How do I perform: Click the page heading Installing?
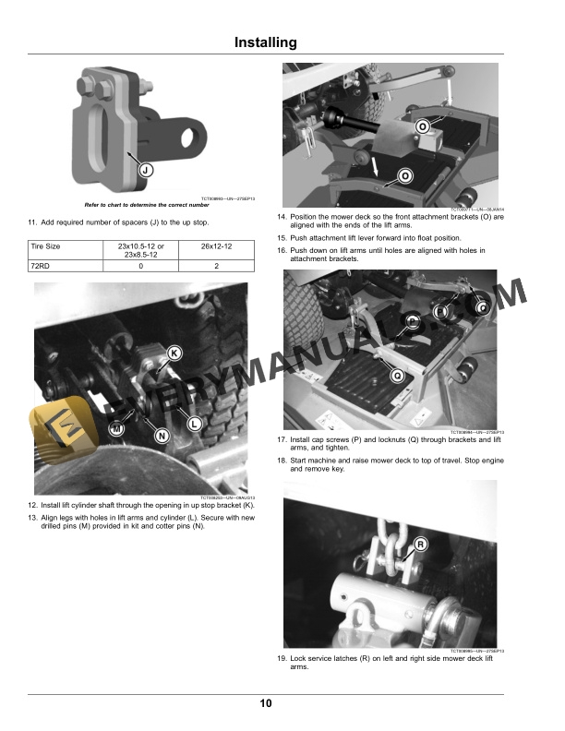pyautogui.click(x=266, y=42)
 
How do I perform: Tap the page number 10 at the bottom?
pyautogui.click(x=266, y=704)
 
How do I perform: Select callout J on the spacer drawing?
pyautogui.click(x=146, y=170)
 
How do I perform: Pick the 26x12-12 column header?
pyautogui.click(x=216, y=247)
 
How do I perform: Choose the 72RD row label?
pyautogui.click(x=42, y=266)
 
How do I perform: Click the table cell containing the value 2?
pyautogui.click(x=216, y=266)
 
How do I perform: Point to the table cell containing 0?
pyautogui.click(x=140, y=266)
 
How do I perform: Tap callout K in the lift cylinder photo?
pyautogui.click(x=174, y=354)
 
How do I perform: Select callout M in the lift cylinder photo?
pyautogui.click(x=116, y=429)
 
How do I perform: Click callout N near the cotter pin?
pyautogui.click(x=162, y=435)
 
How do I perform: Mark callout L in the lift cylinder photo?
pyautogui.click(x=195, y=423)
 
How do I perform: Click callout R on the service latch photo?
pyautogui.click(x=420, y=545)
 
